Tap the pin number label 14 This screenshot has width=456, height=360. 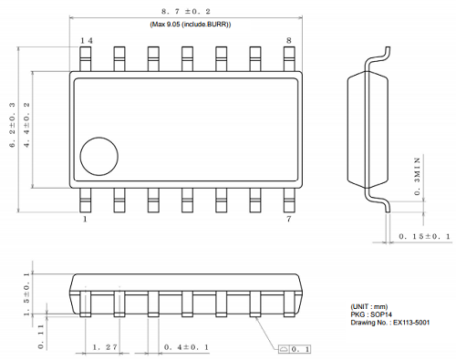pos(87,41)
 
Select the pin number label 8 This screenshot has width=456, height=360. pos(289,41)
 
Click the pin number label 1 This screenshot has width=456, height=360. pos(85,220)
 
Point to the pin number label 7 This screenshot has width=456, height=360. pos(289,220)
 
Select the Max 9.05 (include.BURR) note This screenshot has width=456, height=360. pos(191,25)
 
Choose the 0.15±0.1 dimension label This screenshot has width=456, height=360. pos(423,237)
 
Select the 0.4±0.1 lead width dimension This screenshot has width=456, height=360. pos(188,347)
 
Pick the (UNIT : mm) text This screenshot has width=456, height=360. pos(375,306)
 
